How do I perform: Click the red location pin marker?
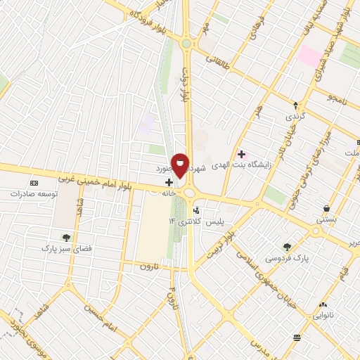point(180,166)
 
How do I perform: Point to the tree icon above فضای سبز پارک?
point(66,238)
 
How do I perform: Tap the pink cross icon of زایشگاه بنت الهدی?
point(241,154)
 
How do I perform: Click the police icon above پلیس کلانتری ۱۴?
point(196,210)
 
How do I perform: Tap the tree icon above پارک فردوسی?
point(286,246)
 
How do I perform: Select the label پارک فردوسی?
point(286,257)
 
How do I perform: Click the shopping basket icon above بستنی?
point(327,207)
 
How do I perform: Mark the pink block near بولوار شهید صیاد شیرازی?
point(309,55)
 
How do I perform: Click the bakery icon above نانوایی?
point(323,304)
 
